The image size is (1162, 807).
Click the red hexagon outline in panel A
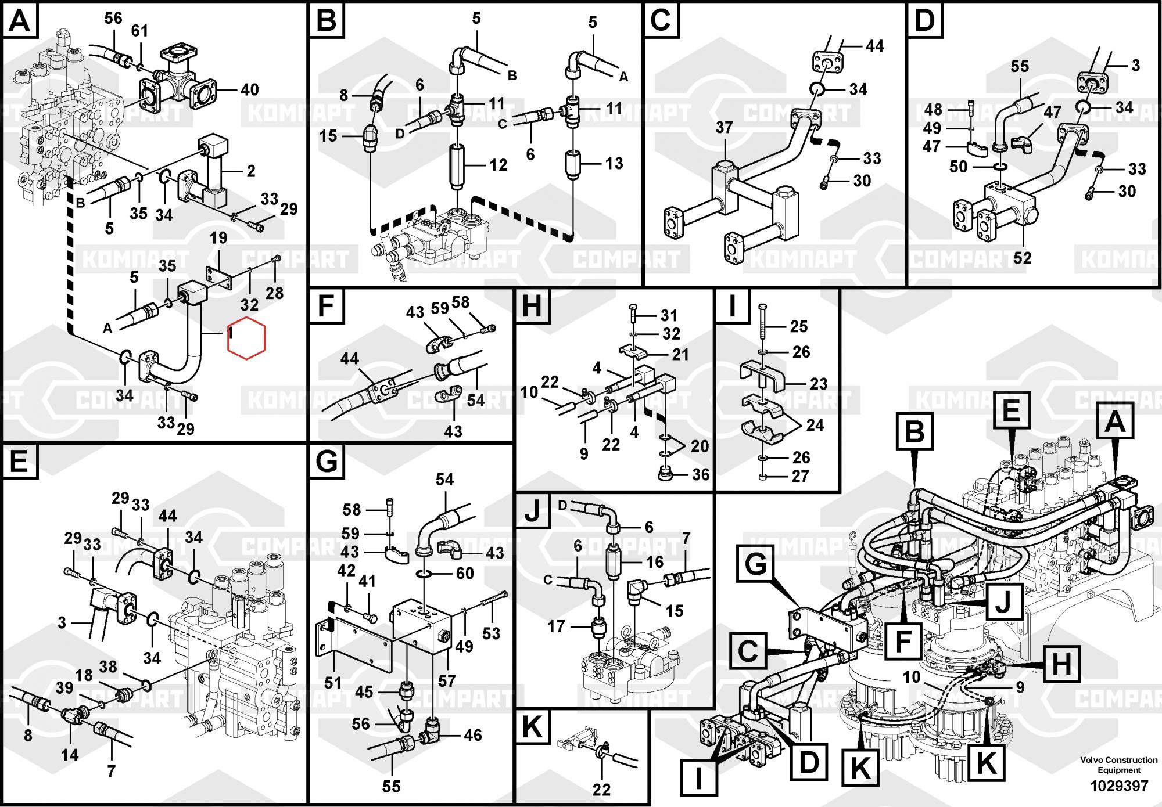tap(246, 338)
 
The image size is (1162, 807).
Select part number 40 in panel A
tap(250, 90)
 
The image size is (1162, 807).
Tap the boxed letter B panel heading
tap(327, 21)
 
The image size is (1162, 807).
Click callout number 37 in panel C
tap(724, 128)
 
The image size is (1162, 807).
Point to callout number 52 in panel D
tap(1022, 257)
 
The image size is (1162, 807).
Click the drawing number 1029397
tap(1119, 786)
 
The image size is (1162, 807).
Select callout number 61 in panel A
tap(139, 30)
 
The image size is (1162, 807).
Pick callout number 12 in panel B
tap(498, 165)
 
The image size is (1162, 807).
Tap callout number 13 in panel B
tap(614, 164)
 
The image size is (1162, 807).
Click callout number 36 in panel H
tap(701, 474)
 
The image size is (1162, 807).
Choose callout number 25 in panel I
tap(799, 326)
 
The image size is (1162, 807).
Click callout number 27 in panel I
tap(800, 477)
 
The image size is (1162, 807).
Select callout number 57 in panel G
tap(447, 680)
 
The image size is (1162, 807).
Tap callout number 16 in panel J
tap(654, 562)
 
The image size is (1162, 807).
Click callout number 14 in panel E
tap(70, 755)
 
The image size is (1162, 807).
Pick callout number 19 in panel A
tap(218, 238)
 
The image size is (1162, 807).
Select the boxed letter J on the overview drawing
tap(1003, 601)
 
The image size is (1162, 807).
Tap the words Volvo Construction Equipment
tap(1119, 765)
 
